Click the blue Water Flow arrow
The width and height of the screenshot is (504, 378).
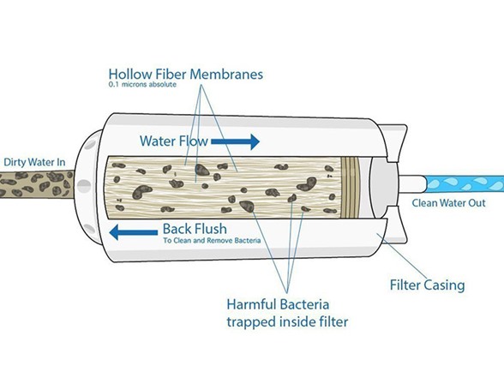coord(235,141)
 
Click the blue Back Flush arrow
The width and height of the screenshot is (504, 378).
coord(134,232)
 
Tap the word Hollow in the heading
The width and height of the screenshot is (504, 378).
coord(130,75)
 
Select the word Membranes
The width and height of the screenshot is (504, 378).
coord(226,75)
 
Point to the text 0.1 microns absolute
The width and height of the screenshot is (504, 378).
coord(142,85)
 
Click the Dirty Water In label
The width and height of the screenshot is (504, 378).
coord(34,162)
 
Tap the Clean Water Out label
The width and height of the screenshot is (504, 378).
coord(449,203)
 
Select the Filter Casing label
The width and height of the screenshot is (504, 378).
coord(427,285)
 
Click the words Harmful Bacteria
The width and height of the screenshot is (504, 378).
coord(278,304)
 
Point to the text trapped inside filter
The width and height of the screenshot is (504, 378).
coord(287,321)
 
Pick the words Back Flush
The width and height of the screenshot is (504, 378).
coord(195,229)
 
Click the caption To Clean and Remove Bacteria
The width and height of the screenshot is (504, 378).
coord(212,240)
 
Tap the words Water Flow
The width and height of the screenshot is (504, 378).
coord(174,141)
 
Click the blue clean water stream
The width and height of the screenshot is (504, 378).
coord(465,183)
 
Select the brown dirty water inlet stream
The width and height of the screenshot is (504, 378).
coord(36,183)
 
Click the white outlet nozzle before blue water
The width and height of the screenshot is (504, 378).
coord(411,183)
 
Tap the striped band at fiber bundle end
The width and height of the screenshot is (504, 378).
coord(350,187)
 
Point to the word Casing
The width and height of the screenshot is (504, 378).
coord(445,285)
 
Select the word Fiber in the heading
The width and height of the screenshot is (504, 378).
coord(171,75)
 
